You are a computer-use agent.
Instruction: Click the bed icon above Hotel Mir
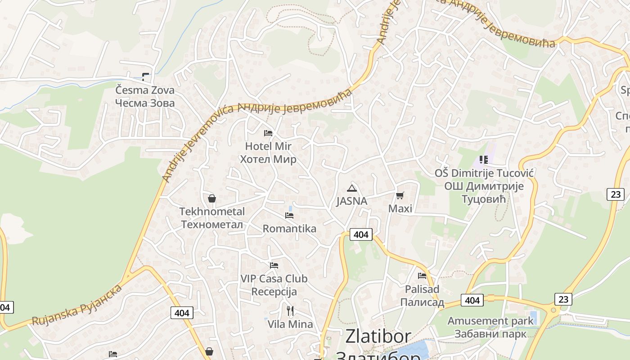[x=268, y=133]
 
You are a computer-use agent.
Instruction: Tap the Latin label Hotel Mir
[x=268, y=146]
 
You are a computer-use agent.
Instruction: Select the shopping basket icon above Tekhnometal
[x=211, y=198]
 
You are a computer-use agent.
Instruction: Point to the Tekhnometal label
[x=212, y=211]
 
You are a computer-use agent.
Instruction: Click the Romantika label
[x=289, y=229]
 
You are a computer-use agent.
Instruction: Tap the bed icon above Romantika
[x=289, y=216]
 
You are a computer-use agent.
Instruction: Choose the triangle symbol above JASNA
[x=352, y=188]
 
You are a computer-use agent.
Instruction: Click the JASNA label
[x=352, y=201]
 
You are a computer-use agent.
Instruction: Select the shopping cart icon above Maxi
[x=400, y=195]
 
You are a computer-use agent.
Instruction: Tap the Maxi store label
[x=400, y=209]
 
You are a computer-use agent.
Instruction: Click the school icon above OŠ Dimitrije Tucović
[x=484, y=160]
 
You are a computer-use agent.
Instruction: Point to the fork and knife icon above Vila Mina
[x=290, y=310]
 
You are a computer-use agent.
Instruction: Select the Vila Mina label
[x=290, y=324]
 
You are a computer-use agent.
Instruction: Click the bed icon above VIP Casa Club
[x=274, y=265]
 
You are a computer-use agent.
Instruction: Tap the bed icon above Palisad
[x=422, y=276]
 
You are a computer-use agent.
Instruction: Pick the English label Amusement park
[x=490, y=321]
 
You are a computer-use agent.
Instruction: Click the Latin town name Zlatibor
[x=378, y=337]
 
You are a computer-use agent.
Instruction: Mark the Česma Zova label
[x=145, y=90]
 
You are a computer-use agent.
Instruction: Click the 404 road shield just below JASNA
[x=361, y=234]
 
